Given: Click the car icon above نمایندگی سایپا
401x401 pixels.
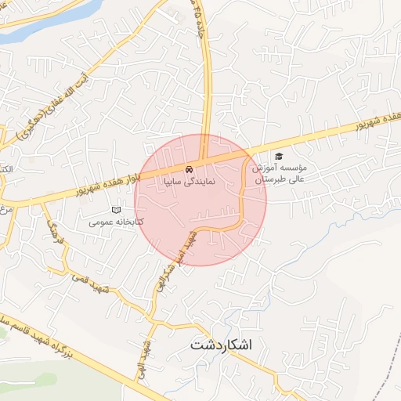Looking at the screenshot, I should [189, 169].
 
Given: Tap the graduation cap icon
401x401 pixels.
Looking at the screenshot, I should [279, 156].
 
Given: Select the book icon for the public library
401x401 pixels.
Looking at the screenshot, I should [117, 210].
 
